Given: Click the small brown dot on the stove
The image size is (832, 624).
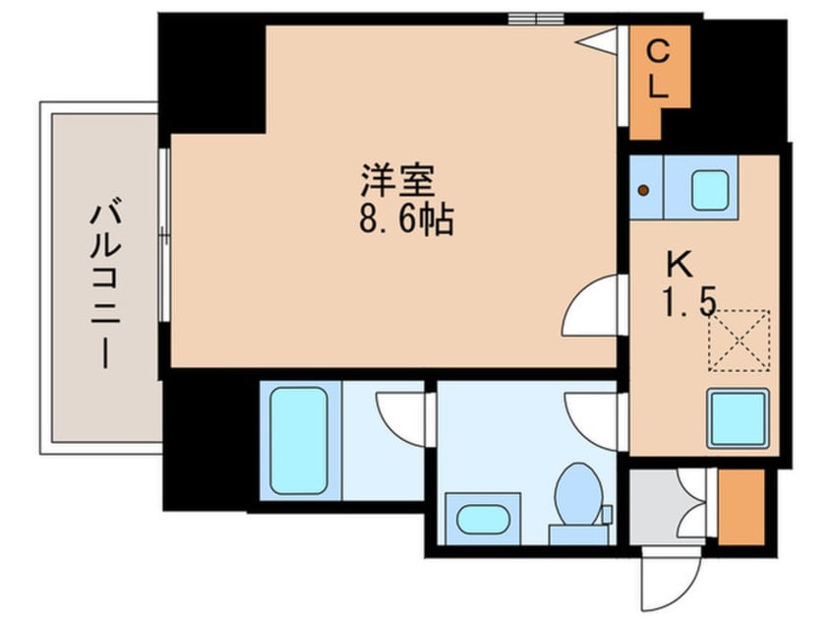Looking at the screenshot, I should [643, 191].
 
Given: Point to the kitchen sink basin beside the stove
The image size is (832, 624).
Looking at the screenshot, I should [709, 189].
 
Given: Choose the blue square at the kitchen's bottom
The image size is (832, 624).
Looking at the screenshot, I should [738, 417].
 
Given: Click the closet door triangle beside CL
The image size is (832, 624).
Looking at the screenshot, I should [599, 39].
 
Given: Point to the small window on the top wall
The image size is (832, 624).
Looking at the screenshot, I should [535, 18].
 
